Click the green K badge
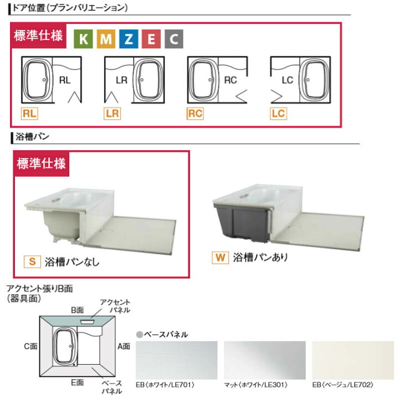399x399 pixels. [84, 39]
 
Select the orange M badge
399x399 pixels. [106, 39]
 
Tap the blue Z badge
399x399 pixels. [129, 39]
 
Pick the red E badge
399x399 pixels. [151, 39]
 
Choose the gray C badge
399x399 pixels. [173, 39]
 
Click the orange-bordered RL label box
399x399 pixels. [29, 114]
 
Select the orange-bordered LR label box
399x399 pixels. [112, 114]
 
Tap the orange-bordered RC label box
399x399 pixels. [195, 114]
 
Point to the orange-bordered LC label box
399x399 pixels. [278, 114]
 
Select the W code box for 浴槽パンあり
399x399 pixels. [220, 257]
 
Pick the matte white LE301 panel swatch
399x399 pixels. [264, 360]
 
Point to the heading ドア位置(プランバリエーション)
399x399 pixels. [72, 8]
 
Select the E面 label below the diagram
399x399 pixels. [77, 382]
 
